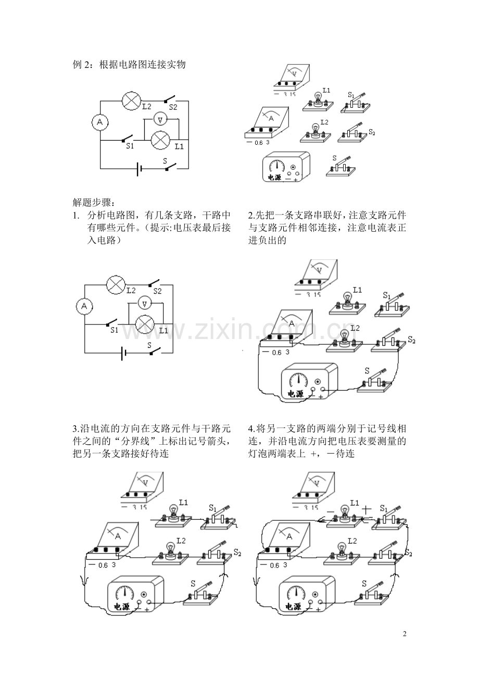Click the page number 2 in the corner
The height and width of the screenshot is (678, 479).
pos(405,634)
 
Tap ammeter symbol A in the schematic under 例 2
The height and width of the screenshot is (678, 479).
pos(100,122)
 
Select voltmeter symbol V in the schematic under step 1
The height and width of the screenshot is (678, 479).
pos(145,303)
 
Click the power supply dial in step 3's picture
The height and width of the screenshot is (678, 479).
pos(124,593)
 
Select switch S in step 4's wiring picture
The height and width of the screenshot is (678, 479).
pos(373,596)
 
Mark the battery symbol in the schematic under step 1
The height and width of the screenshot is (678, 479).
pos(123,354)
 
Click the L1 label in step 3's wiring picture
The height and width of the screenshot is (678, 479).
pos(183,502)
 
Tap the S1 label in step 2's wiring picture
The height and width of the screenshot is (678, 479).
pos(386,295)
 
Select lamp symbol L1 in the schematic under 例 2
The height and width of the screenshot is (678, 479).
pos(161,140)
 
